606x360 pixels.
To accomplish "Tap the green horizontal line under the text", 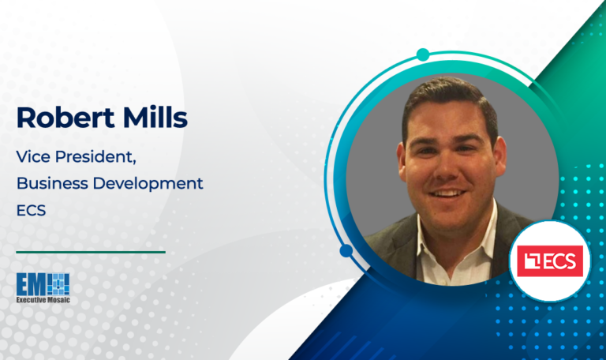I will coord(91,252).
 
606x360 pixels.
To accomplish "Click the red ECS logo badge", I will coord(553,261).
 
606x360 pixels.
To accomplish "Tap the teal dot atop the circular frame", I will coord(423,54).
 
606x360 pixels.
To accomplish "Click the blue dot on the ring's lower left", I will coord(346,251).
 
